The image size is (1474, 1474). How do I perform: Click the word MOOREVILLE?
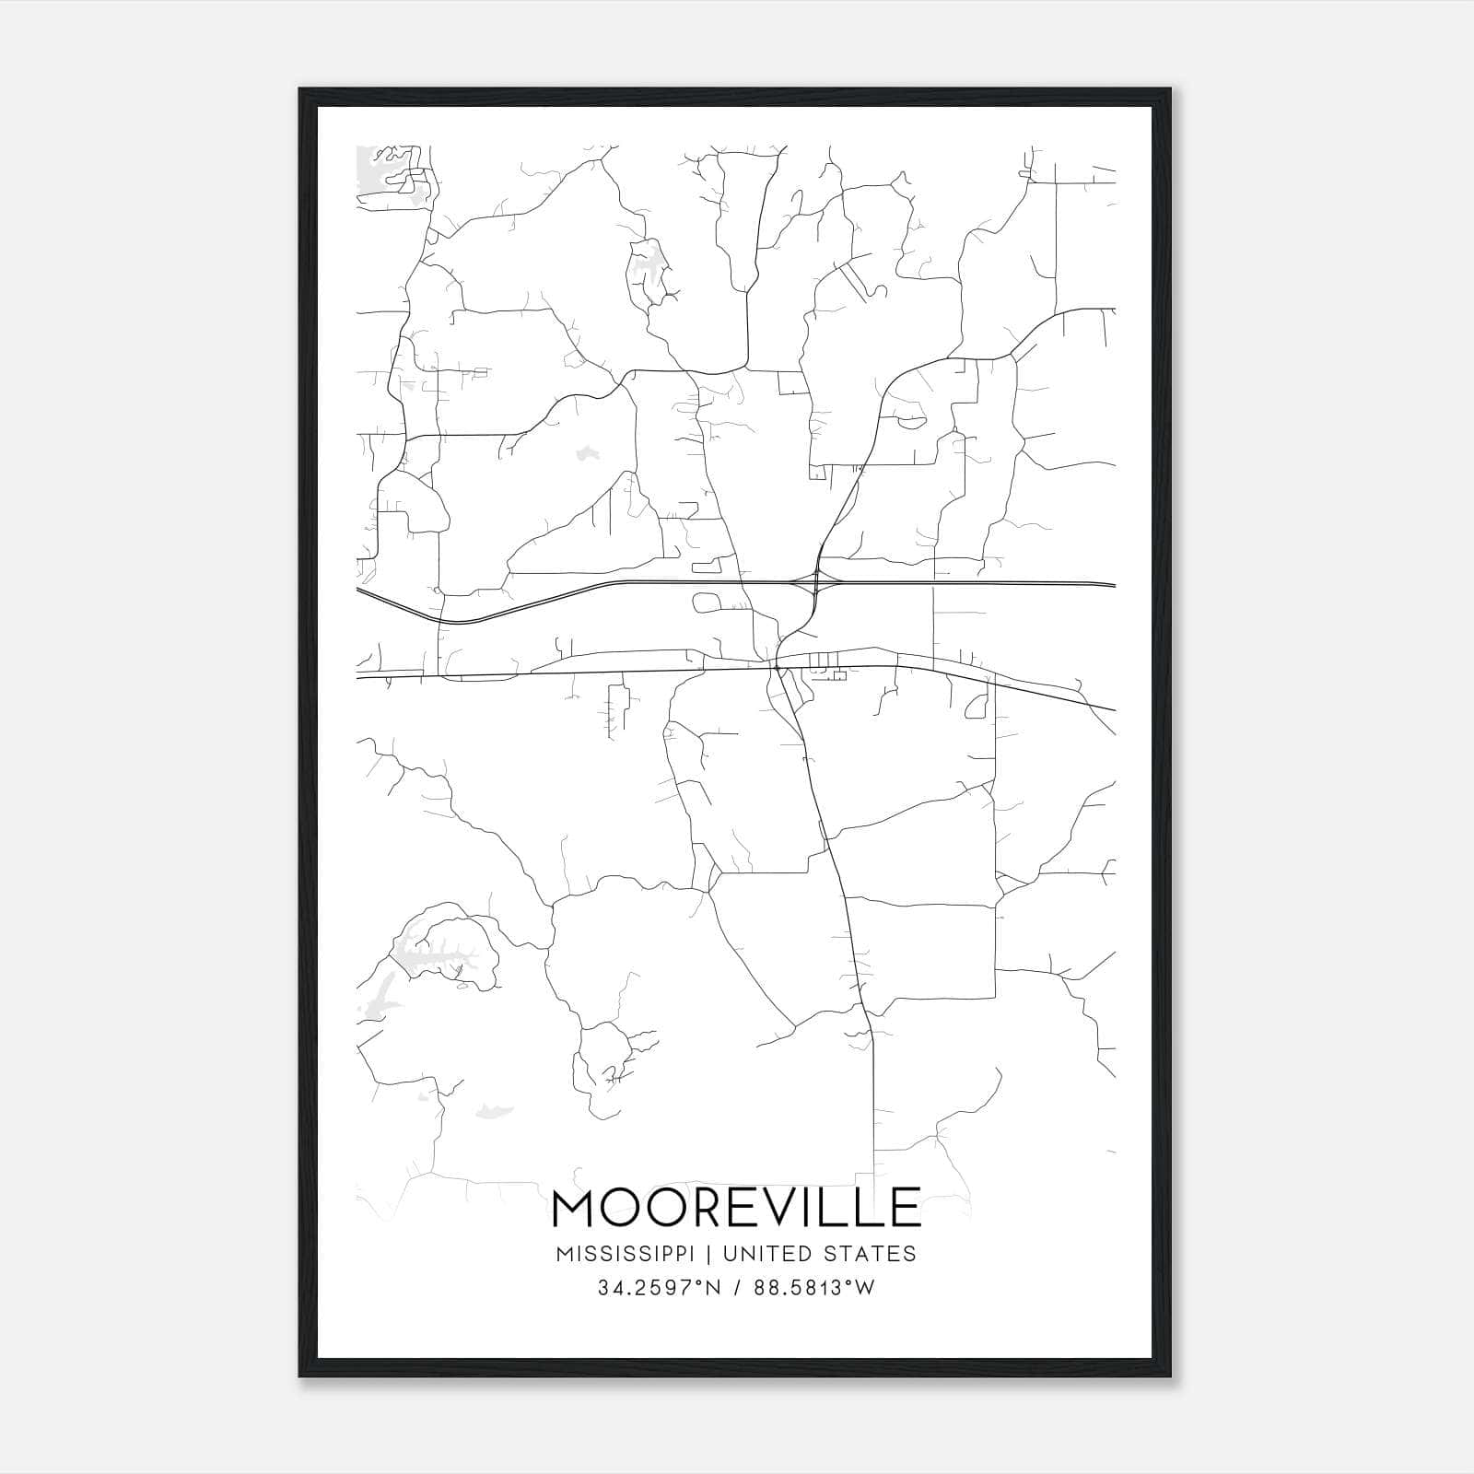click(736, 1208)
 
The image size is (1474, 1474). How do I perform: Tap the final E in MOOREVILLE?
click(906, 1208)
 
